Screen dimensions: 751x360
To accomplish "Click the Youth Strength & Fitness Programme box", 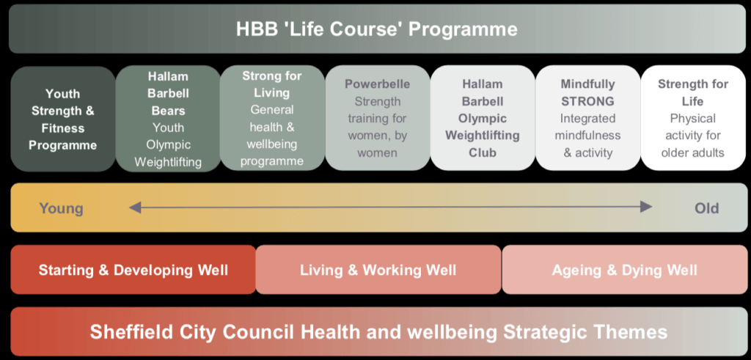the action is tap(63, 119).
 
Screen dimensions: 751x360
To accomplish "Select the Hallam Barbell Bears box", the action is tap(168, 119).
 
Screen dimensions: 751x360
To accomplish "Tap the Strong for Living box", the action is tap(272, 118).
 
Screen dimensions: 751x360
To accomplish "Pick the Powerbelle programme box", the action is tap(378, 118).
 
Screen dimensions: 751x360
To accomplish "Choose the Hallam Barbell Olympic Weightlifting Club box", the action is tap(483, 118).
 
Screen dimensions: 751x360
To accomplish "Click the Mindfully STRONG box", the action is tap(587, 118).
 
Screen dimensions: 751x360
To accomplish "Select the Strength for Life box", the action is tap(693, 118).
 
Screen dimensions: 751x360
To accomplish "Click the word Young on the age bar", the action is tap(62, 209).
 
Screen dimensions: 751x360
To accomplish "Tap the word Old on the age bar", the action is tap(707, 208).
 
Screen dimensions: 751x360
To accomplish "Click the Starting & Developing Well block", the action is tap(133, 270).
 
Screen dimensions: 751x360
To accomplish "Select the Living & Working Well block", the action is tap(378, 270).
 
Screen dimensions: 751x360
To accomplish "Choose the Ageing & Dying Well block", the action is tap(625, 270).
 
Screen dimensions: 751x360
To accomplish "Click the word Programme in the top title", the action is tap(463, 29).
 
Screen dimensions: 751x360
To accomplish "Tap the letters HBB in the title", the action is tap(253, 29).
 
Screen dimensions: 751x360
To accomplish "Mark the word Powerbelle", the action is tap(378, 84).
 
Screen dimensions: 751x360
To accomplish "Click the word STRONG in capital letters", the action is tap(587, 101).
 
